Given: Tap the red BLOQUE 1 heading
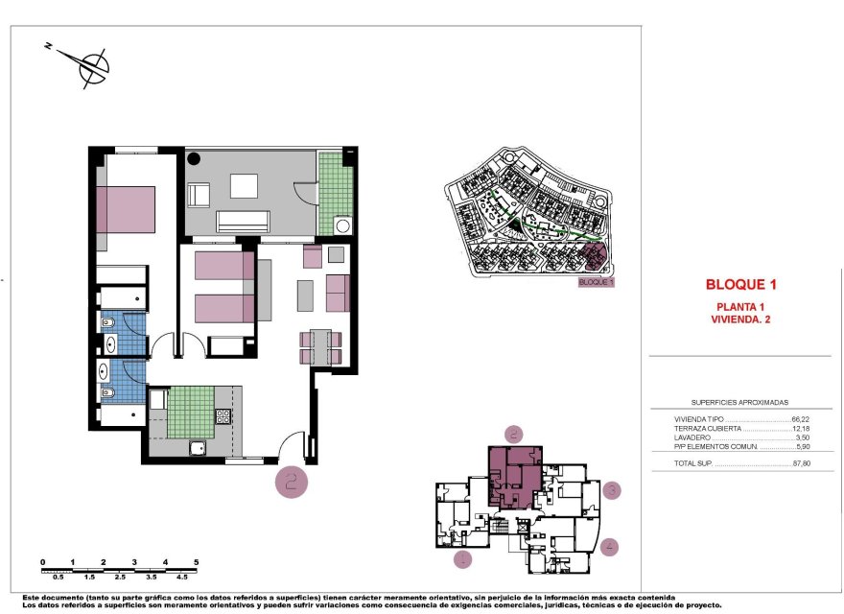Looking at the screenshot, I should tap(739, 285).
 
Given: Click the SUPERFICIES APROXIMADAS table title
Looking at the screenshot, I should tap(739, 403).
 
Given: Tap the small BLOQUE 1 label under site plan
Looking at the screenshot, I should tap(596, 283).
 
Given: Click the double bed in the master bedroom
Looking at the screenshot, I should tap(129, 209).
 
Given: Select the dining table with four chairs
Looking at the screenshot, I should tap(320, 347).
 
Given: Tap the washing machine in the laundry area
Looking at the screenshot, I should tap(340, 225).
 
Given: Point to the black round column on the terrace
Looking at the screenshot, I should tap(193, 160).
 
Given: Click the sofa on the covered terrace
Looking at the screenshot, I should tap(241, 223).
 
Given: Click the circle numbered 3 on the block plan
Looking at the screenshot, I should tap(612, 491).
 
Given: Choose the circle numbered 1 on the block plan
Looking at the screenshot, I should tap(462, 559).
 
